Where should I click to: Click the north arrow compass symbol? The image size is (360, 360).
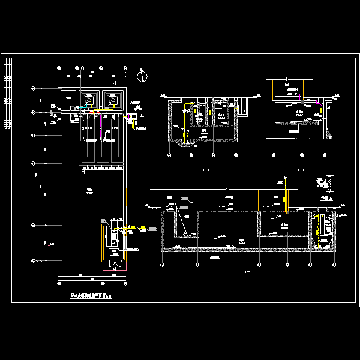click(142, 76)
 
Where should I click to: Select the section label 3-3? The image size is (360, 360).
click(206, 170)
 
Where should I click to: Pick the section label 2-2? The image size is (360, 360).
click(301, 170)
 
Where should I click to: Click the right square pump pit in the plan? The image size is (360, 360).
click(113, 99)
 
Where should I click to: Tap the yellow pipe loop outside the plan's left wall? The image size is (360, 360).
click(51, 113)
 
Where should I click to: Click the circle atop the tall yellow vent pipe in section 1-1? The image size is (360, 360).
click(282, 179)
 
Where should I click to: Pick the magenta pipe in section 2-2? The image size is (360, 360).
click(310, 99)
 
